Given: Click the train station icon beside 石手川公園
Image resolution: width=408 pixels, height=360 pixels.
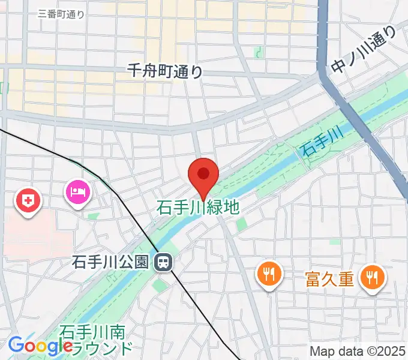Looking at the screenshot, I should tap(162, 262).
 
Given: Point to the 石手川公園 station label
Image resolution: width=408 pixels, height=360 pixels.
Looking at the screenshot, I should tap(110, 262).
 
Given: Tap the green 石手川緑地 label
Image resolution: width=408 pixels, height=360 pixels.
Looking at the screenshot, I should tap(198, 208).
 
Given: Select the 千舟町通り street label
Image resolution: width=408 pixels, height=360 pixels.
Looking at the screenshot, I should tap(165, 71).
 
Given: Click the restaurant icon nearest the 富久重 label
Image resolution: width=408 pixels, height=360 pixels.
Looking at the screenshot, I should tap(373, 277).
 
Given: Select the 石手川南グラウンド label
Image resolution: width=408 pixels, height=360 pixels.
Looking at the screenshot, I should tap(96, 340).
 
